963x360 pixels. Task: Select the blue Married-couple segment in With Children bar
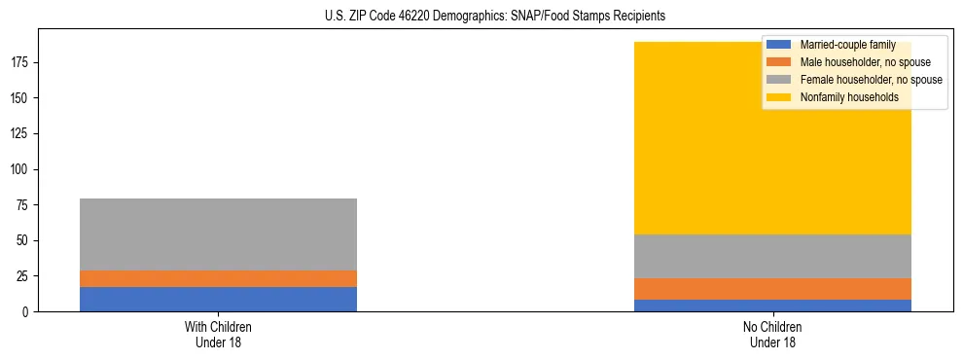(218, 299)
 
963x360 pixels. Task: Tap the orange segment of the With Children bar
(218, 278)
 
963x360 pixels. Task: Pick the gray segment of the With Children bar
(218, 234)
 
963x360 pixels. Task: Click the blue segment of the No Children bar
(772, 306)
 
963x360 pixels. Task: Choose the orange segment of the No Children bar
(772, 289)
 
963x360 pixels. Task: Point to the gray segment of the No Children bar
(772, 256)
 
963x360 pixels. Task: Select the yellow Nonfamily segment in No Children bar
(681, 146)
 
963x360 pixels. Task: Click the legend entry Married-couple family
(847, 45)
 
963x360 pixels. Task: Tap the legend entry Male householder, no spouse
(865, 62)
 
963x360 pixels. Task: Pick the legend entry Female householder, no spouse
(871, 80)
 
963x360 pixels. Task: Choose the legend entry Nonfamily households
(849, 97)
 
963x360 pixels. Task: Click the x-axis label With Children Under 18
(218, 334)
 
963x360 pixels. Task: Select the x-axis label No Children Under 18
(772, 334)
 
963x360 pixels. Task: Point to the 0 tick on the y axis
(27, 312)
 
